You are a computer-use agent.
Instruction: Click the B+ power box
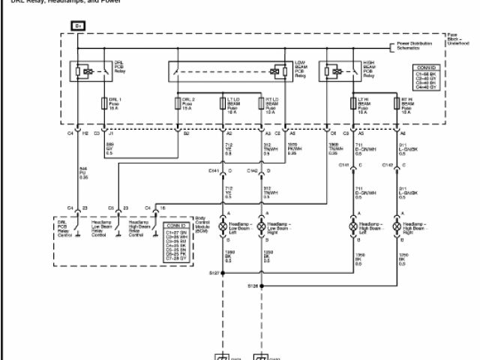pyautogui.click(x=79, y=26)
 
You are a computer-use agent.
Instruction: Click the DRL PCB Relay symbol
pyautogui.click(x=85, y=72)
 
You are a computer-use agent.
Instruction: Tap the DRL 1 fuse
pyautogui.click(x=103, y=103)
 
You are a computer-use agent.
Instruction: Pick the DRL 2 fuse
pyautogui.click(x=178, y=103)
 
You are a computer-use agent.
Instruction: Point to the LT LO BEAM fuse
pyautogui.click(x=223, y=103)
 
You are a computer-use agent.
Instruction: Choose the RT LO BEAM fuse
pyautogui.click(x=260, y=103)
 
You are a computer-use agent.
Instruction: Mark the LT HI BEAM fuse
pyautogui.click(x=353, y=103)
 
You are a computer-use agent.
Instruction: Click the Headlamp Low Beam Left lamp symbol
pyautogui.click(x=223, y=225)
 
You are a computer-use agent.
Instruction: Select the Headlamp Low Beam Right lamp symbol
pyautogui.click(x=261, y=225)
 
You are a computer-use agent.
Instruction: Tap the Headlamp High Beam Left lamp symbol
pyautogui.click(x=353, y=225)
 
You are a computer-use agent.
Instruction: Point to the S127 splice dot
pyautogui.click(x=223, y=272)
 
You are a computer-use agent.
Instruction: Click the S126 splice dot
pyautogui.click(x=261, y=286)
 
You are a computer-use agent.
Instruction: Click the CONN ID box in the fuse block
pyautogui.click(x=424, y=78)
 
